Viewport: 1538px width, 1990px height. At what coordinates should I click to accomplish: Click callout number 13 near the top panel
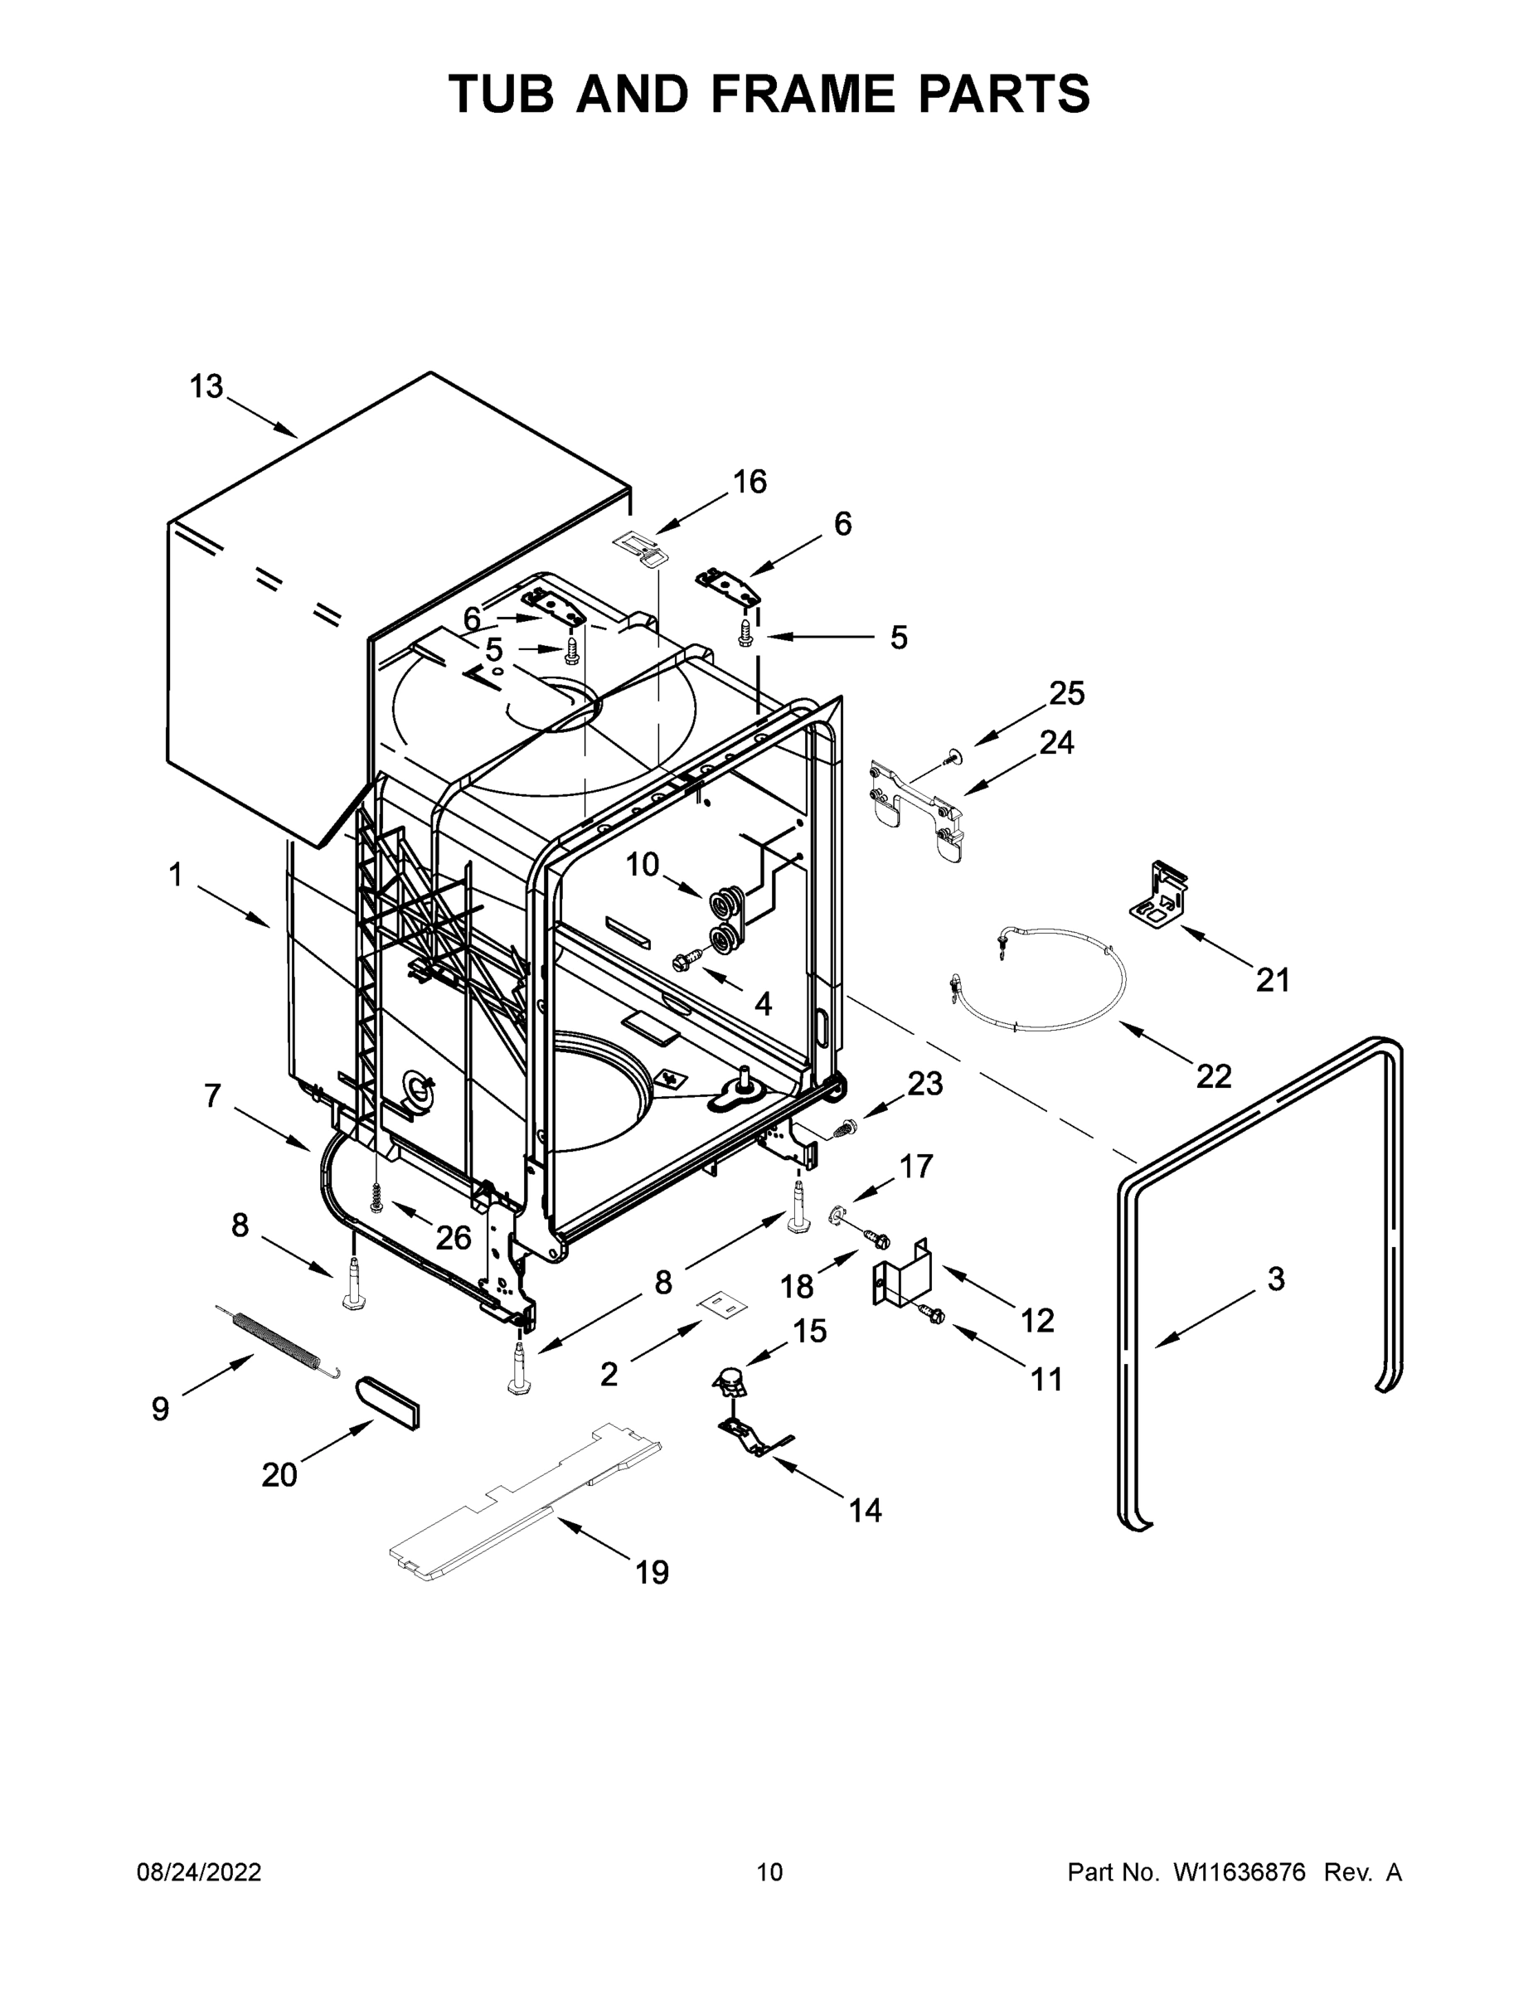coord(206,386)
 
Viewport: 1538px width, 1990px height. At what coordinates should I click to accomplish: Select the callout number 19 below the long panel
coord(652,1573)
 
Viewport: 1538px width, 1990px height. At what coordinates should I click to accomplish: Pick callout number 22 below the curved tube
coord(1214,1076)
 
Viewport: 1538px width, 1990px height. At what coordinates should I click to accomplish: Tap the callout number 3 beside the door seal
coord(1276,1279)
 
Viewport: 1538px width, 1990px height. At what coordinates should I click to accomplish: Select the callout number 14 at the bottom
coord(865,1511)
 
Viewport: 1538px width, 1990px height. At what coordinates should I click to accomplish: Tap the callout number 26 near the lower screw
coord(453,1237)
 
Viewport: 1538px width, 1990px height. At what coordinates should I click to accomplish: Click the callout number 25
coord(1067,694)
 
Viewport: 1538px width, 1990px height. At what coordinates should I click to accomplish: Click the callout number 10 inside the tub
coord(643,865)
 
